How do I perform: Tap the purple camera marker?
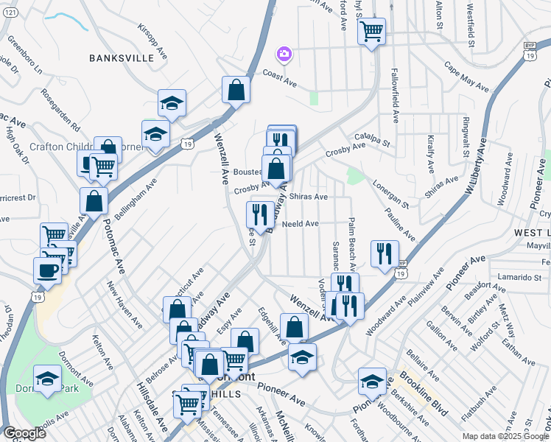click(x=284, y=54)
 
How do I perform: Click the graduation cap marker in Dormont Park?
click(x=47, y=379)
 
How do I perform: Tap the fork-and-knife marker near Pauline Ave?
click(x=384, y=253)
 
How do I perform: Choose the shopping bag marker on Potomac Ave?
click(x=94, y=200)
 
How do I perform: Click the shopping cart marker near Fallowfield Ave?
click(x=371, y=31)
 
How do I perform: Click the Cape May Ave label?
click(x=467, y=77)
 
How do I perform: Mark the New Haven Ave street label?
click(x=124, y=304)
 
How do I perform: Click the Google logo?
click(x=24, y=433)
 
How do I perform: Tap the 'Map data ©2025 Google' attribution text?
click(x=504, y=436)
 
